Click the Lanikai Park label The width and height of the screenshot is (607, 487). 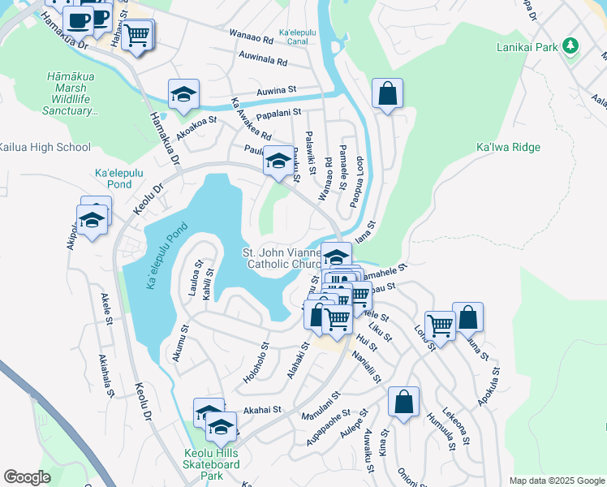coord(529,48)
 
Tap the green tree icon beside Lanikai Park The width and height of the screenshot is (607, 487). coord(570,46)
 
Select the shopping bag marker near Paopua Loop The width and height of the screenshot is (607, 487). coord(388,93)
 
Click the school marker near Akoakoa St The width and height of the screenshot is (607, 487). coord(184,94)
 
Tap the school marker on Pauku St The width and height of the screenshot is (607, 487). coord(278,162)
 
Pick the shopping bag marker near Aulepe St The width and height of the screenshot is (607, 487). coord(403,402)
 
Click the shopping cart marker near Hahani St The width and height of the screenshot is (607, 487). coord(137,35)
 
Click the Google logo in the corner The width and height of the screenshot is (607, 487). coord(27,477)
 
